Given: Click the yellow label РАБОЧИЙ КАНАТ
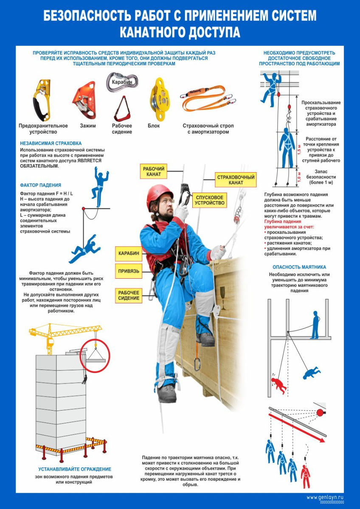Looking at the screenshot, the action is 154,171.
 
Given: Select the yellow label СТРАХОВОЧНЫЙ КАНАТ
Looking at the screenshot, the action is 236,180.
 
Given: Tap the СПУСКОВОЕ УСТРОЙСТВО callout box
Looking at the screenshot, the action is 210,200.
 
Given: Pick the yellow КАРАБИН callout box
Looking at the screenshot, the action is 129,253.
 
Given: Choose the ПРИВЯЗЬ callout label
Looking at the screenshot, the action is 129,271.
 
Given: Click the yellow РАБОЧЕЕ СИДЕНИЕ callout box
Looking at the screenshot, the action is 129,295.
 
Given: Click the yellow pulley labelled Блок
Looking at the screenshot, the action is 160,99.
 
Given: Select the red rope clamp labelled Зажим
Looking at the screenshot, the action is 84,100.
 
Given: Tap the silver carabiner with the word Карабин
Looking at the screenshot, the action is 122,82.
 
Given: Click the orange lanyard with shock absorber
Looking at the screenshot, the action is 208,98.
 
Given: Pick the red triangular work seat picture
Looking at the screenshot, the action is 122,109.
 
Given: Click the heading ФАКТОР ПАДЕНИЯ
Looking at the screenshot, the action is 40,185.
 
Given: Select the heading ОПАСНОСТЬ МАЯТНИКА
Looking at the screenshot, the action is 299,267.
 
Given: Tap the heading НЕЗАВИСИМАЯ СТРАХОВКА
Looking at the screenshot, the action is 51,143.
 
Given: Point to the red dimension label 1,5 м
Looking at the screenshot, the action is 300,149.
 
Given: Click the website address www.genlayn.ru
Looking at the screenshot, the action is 325,497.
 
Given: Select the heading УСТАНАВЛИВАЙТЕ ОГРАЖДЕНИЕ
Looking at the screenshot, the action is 75,469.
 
